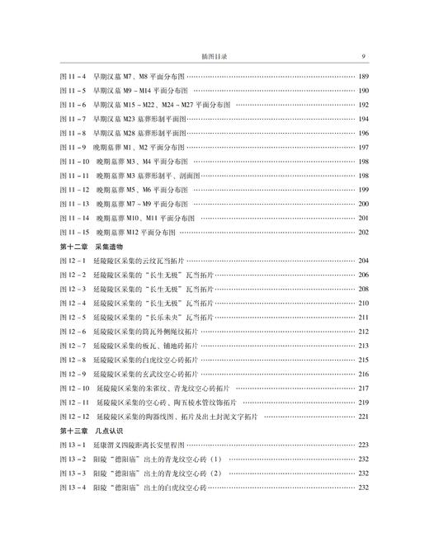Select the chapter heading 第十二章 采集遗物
pyautogui.click(x=92, y=246)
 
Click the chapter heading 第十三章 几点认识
pyautogui.click(x=92, y=431)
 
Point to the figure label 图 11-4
pyautogui.click(x=73, y=77)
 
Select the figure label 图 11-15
pyautogui.click(x=76, y=232)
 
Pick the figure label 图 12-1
pyautogui.click(x=73, y=260)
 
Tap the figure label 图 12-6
pyautogui.click(x=73, y=331)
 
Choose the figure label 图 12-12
pyautogui.click(x=76, y=417)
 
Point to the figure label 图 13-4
pyautogui.click(x=73, y=488)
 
